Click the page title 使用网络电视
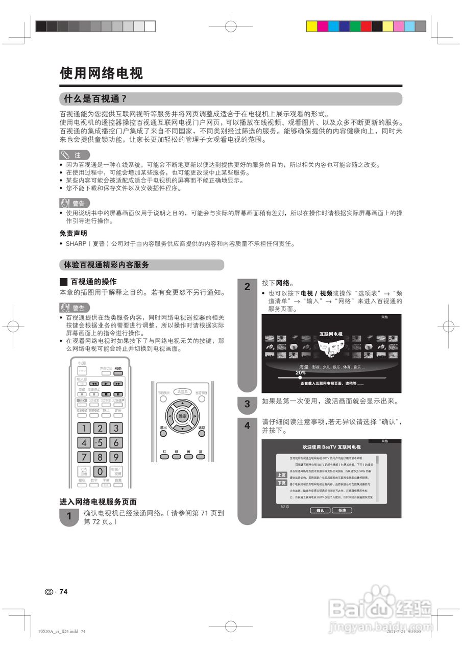click(x=101, y=73)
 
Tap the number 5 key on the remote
click(x=101, y=443)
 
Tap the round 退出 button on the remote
click(x=163, y=433)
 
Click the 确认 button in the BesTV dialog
click(x=320, y=510)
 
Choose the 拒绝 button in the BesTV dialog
click(x=342, y=510)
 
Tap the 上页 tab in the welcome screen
click(x=282, y=475)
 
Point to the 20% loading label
click(x=301, y=373)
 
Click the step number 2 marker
click(x=247, y=287)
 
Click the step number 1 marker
click(x=69, y=517)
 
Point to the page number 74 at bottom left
click(x=63, y=592)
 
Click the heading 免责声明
click(x=74, y=233)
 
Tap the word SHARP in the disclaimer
click(x=76, y=243)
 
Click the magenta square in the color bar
click(x=322, y=26)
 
